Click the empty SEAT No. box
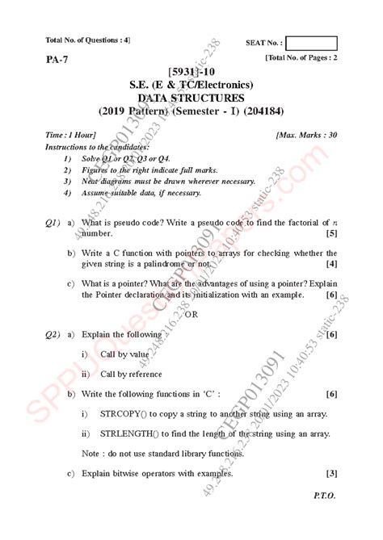[x=311, y=43]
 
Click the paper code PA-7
[x=57, y=60]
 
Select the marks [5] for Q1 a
[x=331, y=233]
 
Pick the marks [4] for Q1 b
[x=331, y=264]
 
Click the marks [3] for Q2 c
[x=331, y=474]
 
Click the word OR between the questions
[x=191, y=314]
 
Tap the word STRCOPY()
[x=125, y=414]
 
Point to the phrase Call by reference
[x=131, y=375]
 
